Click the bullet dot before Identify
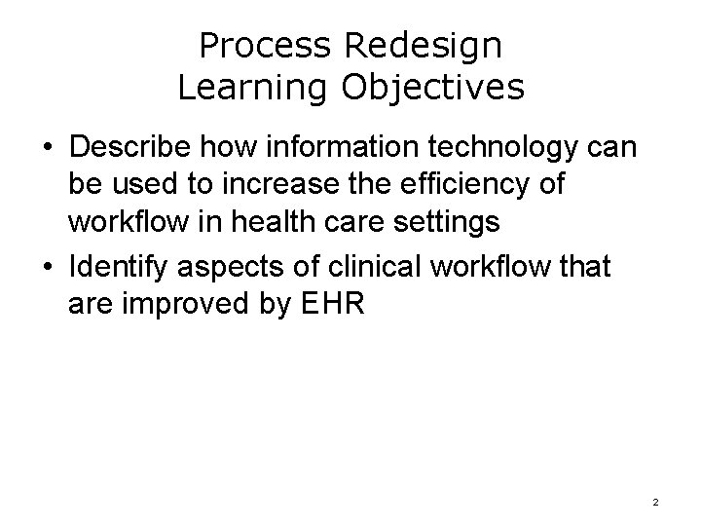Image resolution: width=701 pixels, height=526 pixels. tap(48, 264)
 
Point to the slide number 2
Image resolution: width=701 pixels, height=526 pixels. tap(655, 502)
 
